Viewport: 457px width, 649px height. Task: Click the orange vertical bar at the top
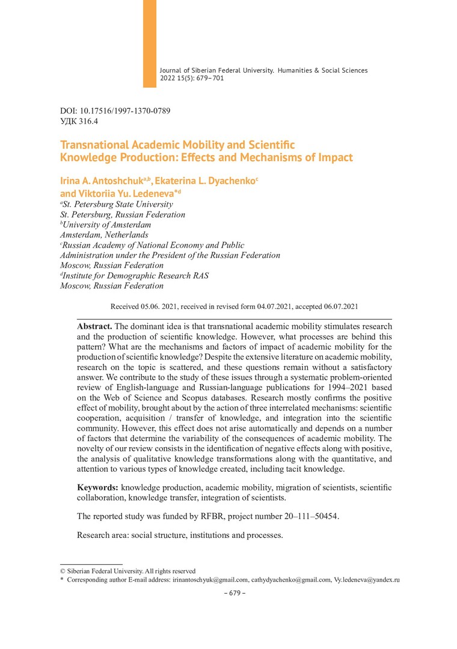tap(149, 43)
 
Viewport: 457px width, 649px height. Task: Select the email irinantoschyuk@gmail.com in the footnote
tap(210, 580)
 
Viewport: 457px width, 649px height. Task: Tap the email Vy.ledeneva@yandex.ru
tap(366, 580)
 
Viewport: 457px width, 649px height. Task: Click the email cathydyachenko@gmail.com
tap(291, 580)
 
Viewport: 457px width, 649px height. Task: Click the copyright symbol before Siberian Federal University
tap(63, 571)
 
